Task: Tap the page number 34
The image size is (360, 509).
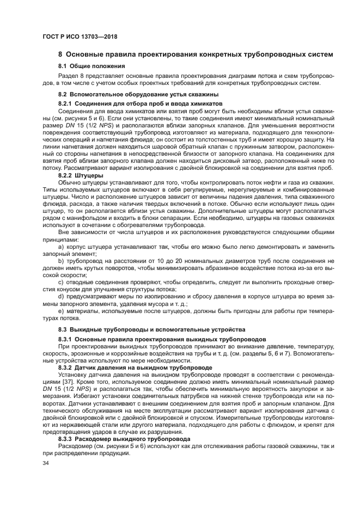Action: pyautogui.click(x=46, y=463)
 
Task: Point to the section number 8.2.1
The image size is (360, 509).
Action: pyautogui.click(x=65, y=103)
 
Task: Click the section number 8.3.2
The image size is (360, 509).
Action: pyautogui.click(x=65, y=367)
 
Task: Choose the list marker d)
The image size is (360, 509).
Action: pyautogui.click(x=62, y=296)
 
